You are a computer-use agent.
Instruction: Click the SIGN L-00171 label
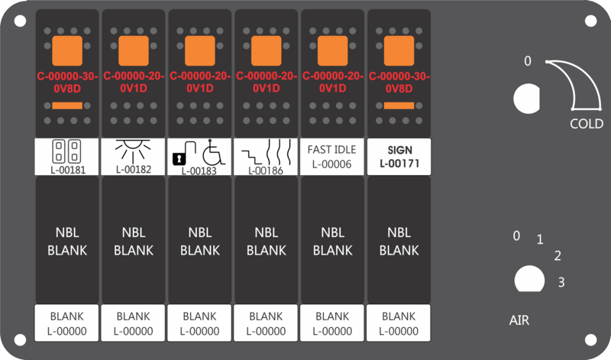pyautogui.click(x=399, y=157)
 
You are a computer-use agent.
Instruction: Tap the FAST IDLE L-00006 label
pyautogui.click(x=332, y=157)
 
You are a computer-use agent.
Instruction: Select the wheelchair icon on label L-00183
pyautogui.click(x=214, y=152)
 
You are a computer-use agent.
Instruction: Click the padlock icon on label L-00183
pyautogui.click(x=183, y=154)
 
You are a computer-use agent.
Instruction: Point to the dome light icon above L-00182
pyautogui.click(x=133, y=151)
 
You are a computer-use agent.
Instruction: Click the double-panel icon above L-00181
pyautogui.click(x=66, y=151)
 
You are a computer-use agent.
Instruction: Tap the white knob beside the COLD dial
pyautogui.click(x=526, y=99)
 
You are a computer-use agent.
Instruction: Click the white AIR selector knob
pyautogui.click(x=529, y=279)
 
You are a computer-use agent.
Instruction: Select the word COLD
pyautogui.click(x=587, y=124)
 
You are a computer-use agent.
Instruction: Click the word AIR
pyautogui.click(x=519, y=320)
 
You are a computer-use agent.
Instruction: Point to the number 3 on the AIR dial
pyautogui.click(x=561, y=282)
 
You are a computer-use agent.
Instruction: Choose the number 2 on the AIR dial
pyautogui.click(x=558, y=256)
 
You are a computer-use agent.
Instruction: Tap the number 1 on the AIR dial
pyautogui.click(x=540, y=239)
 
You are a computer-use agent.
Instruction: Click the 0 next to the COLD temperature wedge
pyautogui.click(x=528, y=61)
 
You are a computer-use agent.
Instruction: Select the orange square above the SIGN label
pyautogui.click(x=399, y=50)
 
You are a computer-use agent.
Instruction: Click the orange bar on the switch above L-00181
pyautogui.click(x=67, y=105)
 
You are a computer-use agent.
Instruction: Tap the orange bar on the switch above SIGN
pyautogui.click(x=399, y=105)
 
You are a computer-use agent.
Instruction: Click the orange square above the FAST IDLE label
pyautogui.click(x=332, y=50)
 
